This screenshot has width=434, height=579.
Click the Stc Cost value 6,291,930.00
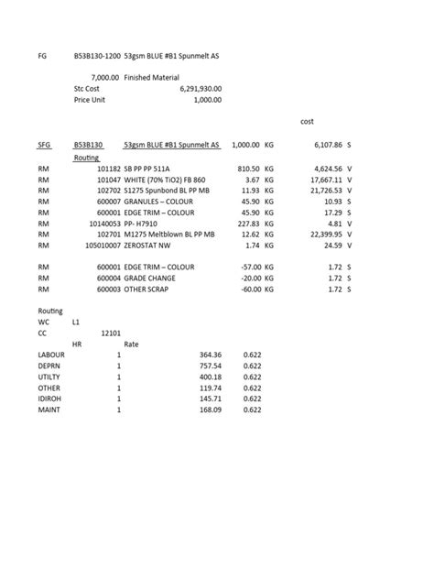201,89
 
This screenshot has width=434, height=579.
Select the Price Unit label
91,100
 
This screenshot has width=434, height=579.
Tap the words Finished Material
152,78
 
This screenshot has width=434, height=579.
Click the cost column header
307,121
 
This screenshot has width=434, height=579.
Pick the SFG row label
45,145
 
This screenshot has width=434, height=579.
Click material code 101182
108,169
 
